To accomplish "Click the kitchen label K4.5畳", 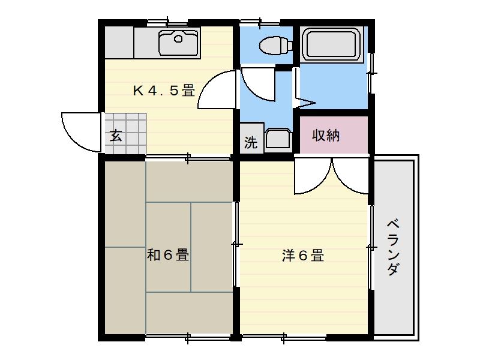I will tap(163, 91).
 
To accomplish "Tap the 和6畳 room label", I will tap(168, 256).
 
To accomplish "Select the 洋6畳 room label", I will tap(303, 256).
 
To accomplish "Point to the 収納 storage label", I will tap(326, 136).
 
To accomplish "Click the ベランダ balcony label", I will tap(393, 246).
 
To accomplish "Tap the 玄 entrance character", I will tap(116, 136).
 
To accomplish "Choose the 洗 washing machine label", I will tap(251, 143).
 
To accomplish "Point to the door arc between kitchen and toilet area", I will tap(216, 90).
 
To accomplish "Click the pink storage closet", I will tap(333, 136).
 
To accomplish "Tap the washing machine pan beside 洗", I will tap(278, 140).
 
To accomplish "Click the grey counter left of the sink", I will tap(119, 43).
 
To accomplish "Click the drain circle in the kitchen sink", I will tap(178, 40).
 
